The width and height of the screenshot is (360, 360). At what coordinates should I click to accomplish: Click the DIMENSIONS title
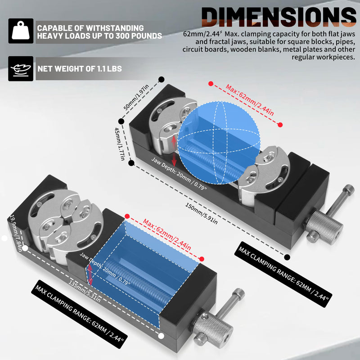tap(279, 17)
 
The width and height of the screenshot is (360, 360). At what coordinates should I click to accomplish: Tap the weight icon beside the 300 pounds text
tap(21, 31)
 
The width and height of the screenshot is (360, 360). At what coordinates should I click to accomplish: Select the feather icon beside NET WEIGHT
tap(21, 69)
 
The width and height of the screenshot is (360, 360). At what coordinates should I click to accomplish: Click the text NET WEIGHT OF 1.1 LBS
tap(80, 69)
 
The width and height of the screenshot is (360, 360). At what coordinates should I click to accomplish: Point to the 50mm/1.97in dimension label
tap(136, 97)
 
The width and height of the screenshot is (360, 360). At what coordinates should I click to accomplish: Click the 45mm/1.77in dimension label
tap(120, 144)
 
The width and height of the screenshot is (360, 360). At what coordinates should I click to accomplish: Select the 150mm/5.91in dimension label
tap(201, 213)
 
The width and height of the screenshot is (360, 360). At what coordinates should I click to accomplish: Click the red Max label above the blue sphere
tap(250, 100)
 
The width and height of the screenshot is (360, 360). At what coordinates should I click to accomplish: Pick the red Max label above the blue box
tap(167, 234)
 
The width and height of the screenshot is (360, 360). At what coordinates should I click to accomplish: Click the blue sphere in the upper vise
tap(219, 143)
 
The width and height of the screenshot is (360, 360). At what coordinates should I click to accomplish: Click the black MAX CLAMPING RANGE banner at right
tap(283, 274)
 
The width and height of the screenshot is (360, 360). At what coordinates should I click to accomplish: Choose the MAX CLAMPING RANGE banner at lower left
tap(80, 314)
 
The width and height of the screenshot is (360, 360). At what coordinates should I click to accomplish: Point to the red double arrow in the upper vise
tap(174, 151)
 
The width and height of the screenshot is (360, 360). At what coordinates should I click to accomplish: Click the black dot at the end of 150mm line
tap(287, 257)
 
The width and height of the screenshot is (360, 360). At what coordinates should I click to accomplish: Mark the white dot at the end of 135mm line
tap(161, 336)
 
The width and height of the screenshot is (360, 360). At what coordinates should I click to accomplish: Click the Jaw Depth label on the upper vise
tap(179, 174)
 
